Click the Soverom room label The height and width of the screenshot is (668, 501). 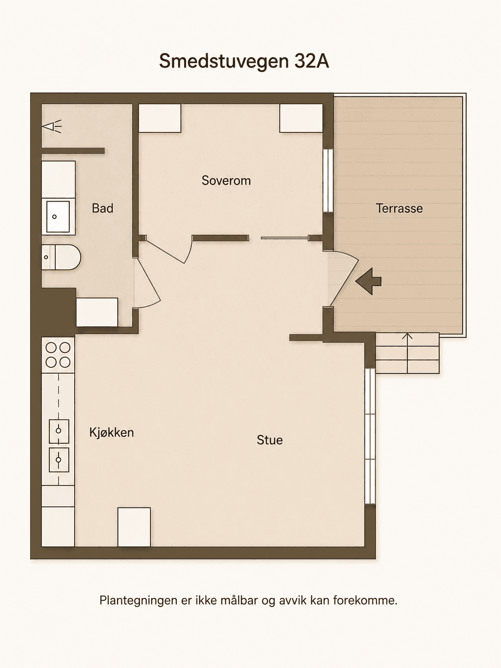pos(226,180)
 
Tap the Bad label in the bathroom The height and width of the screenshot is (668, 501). pos(102,209)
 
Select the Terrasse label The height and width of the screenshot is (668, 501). pos(400,209)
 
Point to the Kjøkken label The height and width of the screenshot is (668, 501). pos(111,433)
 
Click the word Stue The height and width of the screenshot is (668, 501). pos(269,440)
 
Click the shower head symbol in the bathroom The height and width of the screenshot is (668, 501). pos(52,126)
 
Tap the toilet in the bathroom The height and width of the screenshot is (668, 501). pos(61,257)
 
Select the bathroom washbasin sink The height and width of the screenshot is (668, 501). pos(58,216)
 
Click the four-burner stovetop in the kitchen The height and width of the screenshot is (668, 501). pos(58,355)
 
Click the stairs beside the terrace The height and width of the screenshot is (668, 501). pos(407,353)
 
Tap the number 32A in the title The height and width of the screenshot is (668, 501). pos(311,61)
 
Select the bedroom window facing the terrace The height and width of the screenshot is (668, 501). pos(328,180)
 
